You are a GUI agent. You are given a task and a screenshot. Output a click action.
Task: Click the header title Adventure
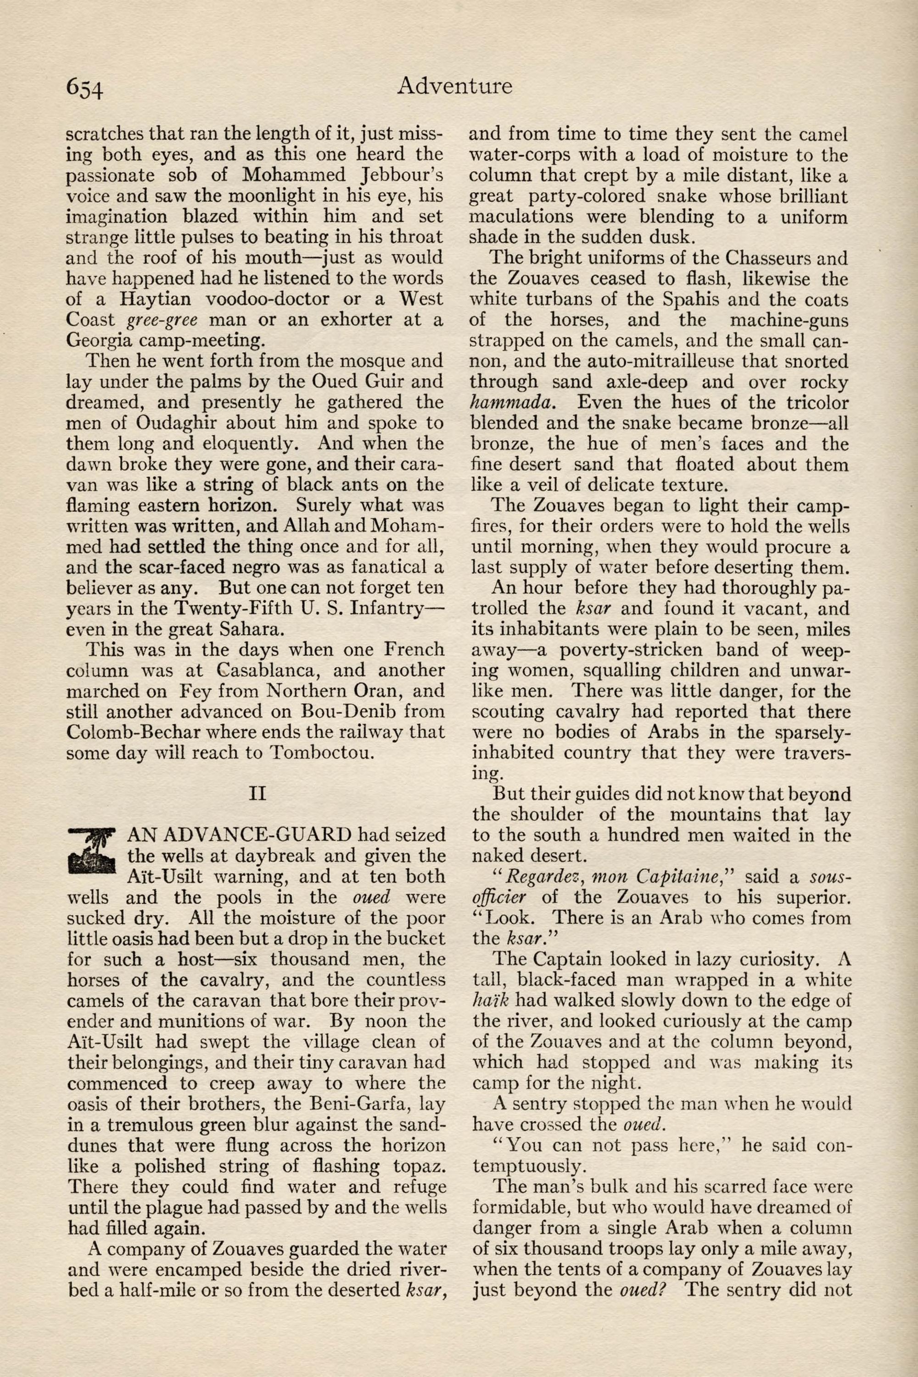click(x=454, y=86)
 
